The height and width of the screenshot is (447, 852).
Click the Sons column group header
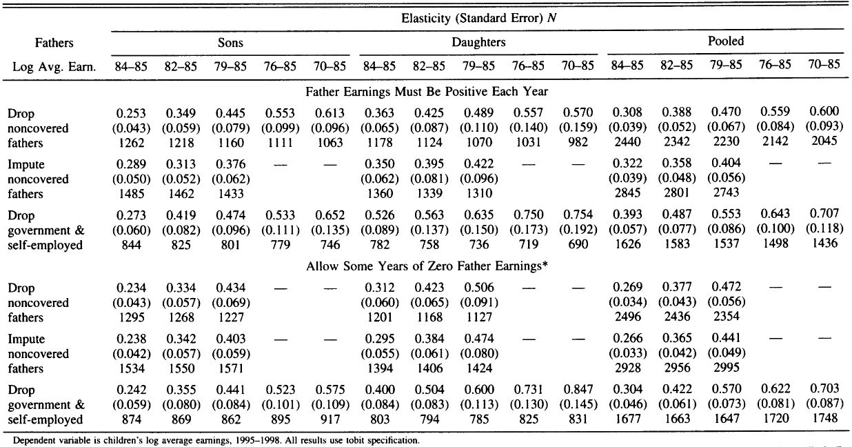230,43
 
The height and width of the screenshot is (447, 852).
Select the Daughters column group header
478,42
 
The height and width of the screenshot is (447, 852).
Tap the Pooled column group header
726,41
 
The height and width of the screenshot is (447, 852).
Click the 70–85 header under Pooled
824,64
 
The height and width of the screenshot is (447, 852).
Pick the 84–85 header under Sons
131,66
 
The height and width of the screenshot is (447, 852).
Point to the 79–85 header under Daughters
478,66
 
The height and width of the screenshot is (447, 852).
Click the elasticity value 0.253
131,113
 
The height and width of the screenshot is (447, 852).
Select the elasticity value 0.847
578,390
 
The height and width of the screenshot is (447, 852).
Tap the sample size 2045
824,141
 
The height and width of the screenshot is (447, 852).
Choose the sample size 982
578,142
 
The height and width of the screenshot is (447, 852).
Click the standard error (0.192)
578,230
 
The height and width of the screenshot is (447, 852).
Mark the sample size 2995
726,367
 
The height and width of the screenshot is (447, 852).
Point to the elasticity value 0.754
578,215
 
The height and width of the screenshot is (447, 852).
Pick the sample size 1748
824,418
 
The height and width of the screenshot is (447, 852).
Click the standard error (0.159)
578,128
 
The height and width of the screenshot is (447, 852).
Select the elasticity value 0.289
131,164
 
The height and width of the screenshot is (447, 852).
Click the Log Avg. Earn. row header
54,67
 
